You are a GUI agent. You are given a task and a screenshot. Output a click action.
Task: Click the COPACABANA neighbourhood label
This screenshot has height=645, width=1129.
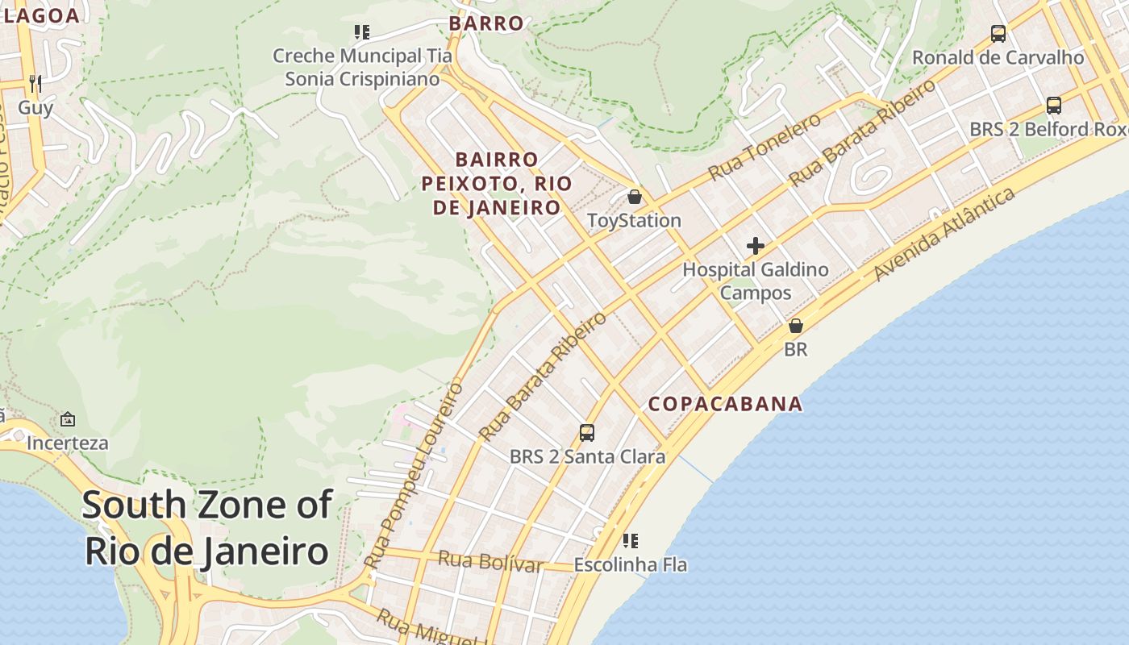click(726, 404)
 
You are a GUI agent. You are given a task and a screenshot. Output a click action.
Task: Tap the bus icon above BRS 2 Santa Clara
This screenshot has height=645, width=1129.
click(587, 433)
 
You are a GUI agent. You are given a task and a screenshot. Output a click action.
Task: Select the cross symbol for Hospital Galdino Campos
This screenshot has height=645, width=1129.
click(756, 246)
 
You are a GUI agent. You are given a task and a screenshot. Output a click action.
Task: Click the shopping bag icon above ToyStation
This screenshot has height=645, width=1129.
click(635, 197)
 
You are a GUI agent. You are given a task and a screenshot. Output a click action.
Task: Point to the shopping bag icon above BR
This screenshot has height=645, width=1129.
click(796, 326)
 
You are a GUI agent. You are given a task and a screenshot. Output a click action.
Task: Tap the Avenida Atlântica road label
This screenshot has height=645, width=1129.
click(944, 235)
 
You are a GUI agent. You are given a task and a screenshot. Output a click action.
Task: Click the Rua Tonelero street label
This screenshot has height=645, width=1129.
click(764, 147)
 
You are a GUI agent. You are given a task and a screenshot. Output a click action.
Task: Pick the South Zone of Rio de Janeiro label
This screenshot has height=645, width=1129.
click(206, 528)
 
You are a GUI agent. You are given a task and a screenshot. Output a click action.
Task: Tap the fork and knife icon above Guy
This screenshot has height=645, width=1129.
click(35, 83)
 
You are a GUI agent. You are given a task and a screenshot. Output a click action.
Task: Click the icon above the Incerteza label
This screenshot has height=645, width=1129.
click(68, 419)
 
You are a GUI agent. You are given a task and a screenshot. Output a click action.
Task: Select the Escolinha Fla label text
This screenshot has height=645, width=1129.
click(631, 565)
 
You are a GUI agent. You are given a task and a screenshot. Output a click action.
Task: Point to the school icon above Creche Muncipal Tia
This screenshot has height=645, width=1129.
click(362, 32)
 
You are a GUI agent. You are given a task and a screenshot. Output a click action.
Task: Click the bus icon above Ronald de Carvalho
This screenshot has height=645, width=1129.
click(998, 34)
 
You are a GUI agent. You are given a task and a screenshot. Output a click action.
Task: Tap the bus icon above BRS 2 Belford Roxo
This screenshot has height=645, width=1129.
click(1053, 105)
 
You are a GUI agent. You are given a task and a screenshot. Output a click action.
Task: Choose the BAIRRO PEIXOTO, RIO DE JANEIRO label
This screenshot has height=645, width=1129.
click(497, 183)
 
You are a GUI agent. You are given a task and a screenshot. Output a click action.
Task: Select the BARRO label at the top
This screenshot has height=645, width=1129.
click(486, 23)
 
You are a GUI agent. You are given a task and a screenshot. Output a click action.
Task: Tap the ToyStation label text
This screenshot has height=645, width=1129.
click(634, 220)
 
